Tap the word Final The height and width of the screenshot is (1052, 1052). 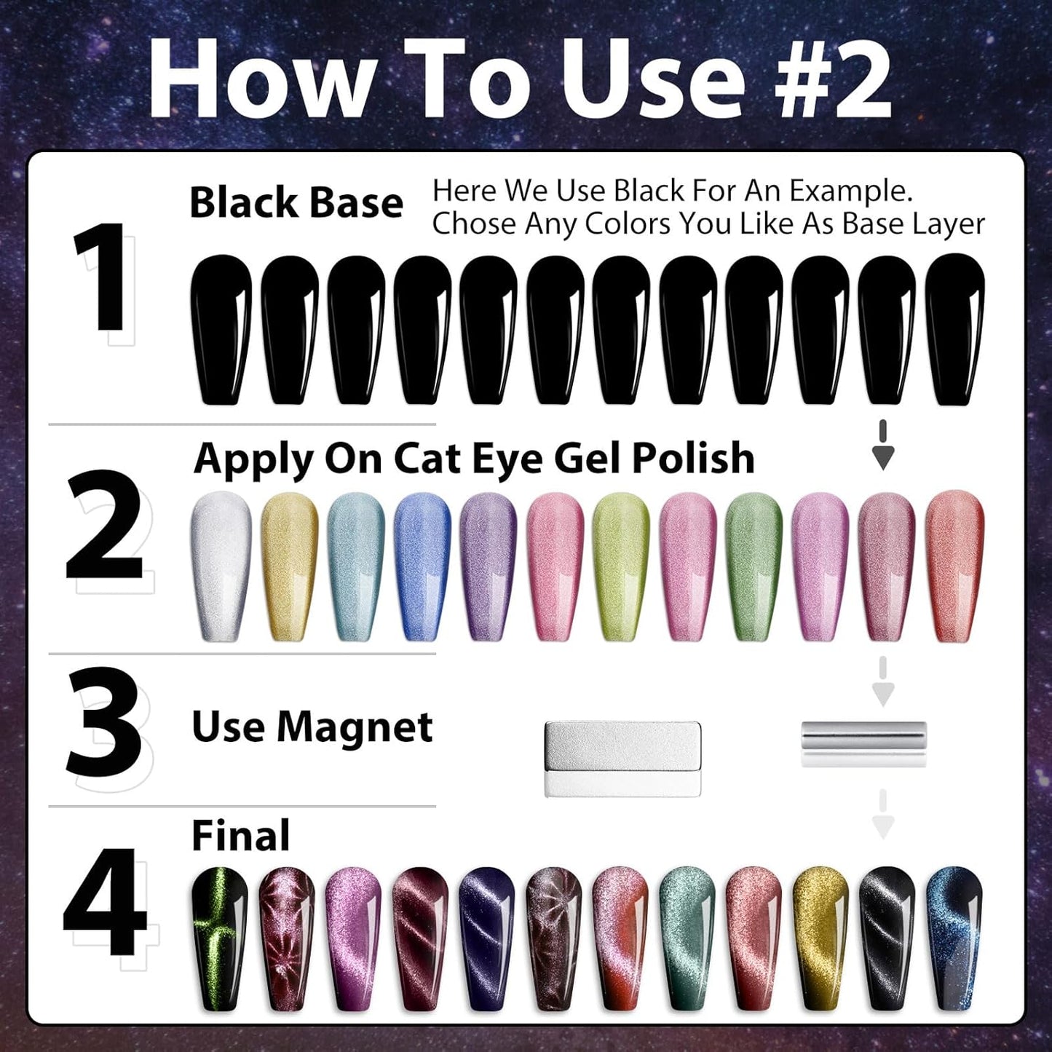pos(240,836)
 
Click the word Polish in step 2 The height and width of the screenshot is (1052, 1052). pos(693,459)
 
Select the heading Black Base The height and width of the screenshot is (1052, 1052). pos(296,202)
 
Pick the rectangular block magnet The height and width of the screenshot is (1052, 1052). pos(622,758)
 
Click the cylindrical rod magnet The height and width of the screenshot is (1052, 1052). pos(863,742)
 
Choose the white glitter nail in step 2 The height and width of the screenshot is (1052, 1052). pos(220,566)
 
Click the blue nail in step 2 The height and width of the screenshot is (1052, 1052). pos(422,566)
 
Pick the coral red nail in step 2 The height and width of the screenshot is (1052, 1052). pos(954,566)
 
